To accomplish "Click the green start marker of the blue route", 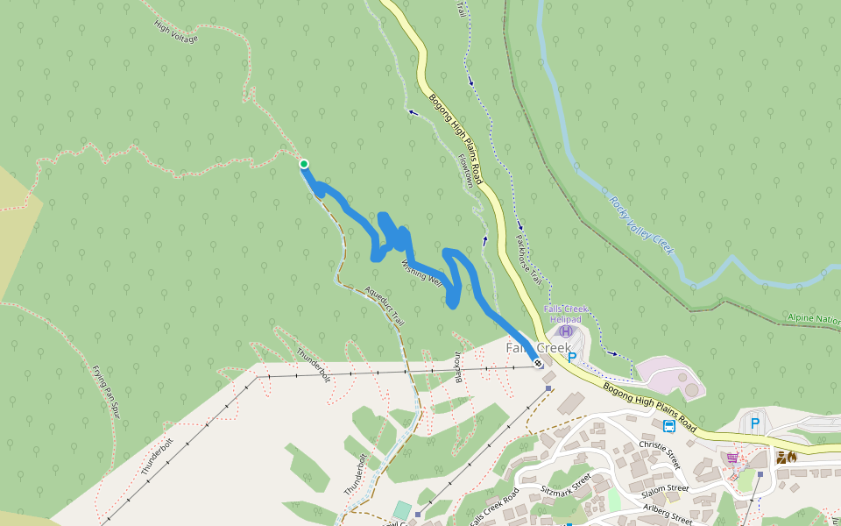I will [304, 164].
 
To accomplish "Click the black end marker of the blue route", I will [538, 363].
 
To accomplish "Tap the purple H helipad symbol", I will [566, 331].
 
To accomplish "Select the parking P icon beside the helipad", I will [572, 357].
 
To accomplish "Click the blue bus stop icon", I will [669, 427].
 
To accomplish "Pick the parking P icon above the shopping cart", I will [755, 424].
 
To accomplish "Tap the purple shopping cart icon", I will [732, 457].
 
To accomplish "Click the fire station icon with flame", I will [786, 457].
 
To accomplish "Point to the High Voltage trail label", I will [176, 32].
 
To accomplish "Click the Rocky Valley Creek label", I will [641, 224].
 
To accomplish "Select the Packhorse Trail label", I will [529, 259].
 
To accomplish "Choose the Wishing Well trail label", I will [420, 272].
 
